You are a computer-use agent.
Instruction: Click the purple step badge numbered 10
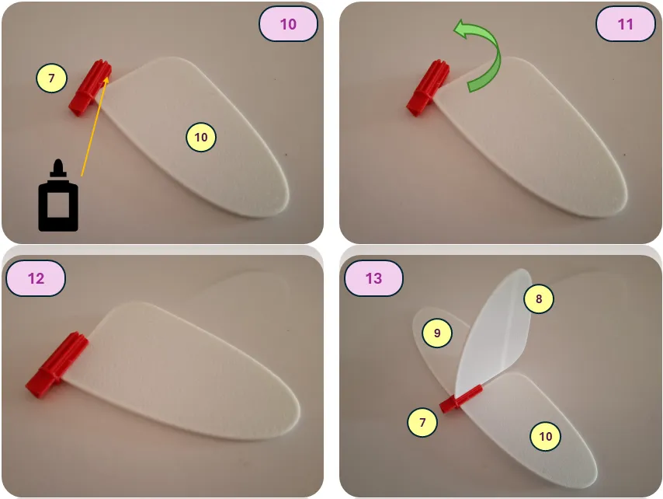pyautogui.click(x=288, y=24)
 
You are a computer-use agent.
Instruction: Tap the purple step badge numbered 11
pyautogui.click(x=626, y=24)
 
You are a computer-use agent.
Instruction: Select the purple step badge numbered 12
pyautogui.click(x=36, y=278)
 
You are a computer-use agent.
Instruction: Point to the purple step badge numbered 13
pyautogui.click(x=373, y=278)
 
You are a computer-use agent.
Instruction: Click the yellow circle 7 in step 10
pyautogui.click(x=51, y=78)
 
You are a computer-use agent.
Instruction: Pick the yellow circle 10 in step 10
pyautogui.click(x=201, y=137)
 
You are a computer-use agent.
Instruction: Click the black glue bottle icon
pyautogui.click(x=58, y=196)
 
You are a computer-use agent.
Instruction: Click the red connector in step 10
pyautogui.click(x=90, y=88)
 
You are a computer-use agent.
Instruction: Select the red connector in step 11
pyautogui.click(x=428, y=88)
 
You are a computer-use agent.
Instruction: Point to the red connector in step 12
pyautogui.click(x=57, y=365)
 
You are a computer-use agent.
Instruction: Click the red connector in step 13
pyautogui.click(x=460, y=399)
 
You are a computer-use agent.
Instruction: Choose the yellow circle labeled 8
pyautogui.click(x=539, y=298)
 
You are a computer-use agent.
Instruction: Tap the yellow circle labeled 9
pyautogui.click(x=437, y=333)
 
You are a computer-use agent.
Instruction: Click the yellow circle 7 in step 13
pyautogui.click(x=422, y=422)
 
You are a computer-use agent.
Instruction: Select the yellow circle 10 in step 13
pyautogui.click(x=546, y=436)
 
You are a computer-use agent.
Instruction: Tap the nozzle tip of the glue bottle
pyautogui.click(x=58, y=161)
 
